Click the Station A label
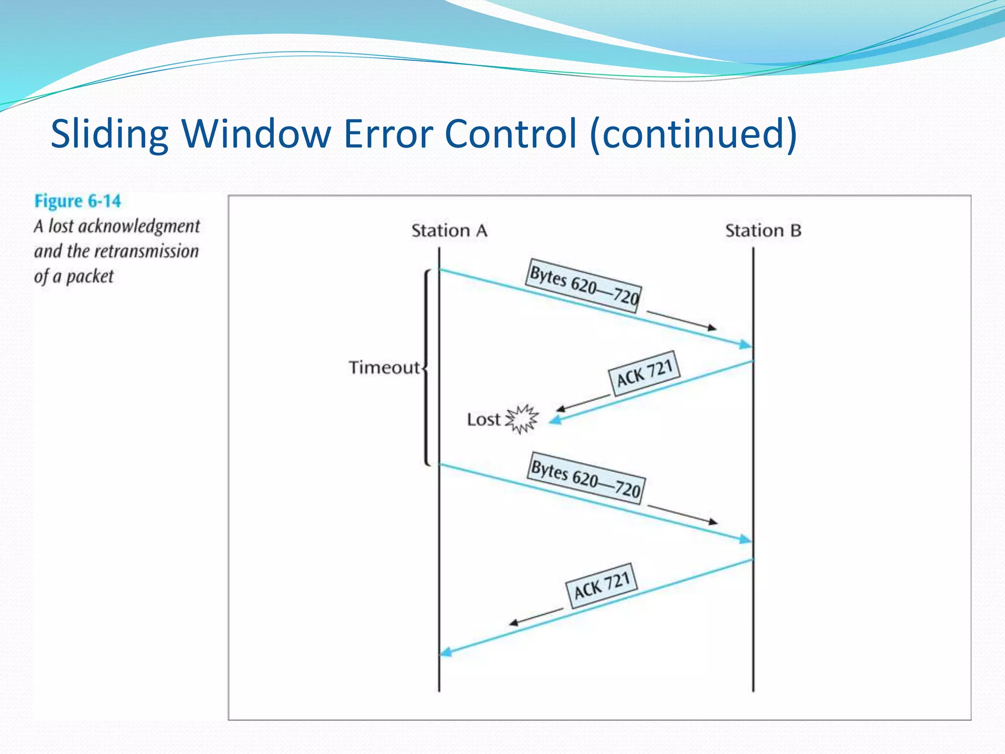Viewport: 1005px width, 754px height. click(449, 231)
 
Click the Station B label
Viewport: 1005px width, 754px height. click(763, 231)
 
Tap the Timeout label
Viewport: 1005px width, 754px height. click(384, 368)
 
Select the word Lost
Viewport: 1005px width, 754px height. click(483, 420)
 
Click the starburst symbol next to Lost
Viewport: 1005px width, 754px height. click(522, 419)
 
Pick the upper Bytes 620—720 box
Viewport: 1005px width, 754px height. click(584, 286)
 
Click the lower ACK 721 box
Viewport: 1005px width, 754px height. click(602, 585)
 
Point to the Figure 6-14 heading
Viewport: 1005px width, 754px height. click(78, 201)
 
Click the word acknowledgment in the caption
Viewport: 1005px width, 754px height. click(139, 227)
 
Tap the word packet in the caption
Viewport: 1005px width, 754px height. click(90, 277)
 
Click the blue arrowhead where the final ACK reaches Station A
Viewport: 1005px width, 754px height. click(446, 652)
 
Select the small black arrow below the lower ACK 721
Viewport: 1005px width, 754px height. click(535, 617)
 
